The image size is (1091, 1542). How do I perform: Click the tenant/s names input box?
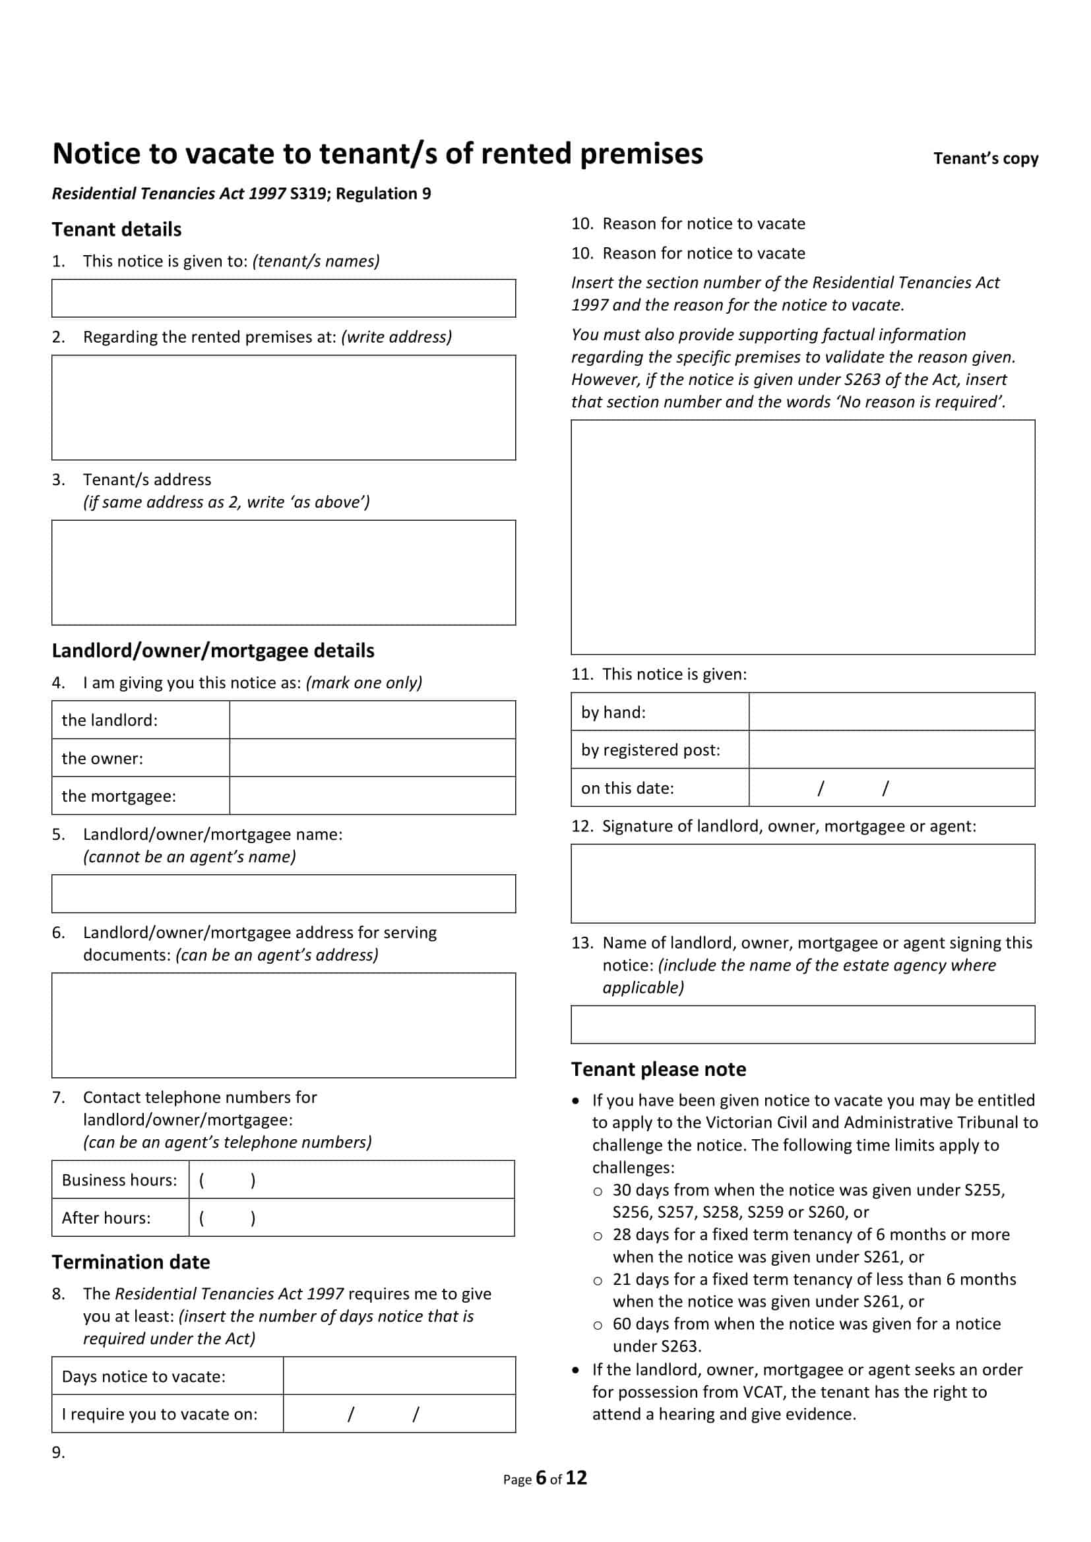284,298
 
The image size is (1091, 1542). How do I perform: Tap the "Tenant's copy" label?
985,158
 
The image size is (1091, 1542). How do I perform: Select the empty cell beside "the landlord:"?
372,720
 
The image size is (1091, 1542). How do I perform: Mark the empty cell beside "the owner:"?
372,758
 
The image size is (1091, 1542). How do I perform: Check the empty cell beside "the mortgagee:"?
372,796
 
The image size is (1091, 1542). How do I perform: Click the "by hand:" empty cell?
892,712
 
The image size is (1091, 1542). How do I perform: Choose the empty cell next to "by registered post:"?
892,750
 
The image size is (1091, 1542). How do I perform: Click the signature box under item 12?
803,883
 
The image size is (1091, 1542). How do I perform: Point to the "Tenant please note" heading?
658,1069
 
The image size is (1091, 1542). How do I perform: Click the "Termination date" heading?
131,1262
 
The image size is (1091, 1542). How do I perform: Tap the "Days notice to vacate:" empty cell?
399,1376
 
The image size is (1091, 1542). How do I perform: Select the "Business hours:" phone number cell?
352,1180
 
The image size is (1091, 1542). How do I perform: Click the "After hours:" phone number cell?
352,1218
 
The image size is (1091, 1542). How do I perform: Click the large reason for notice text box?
803,537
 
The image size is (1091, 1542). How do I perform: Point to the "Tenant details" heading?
117,229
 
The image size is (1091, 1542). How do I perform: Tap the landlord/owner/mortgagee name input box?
284,894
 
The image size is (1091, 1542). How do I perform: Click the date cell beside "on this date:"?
892,788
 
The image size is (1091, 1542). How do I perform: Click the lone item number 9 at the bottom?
59,1453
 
